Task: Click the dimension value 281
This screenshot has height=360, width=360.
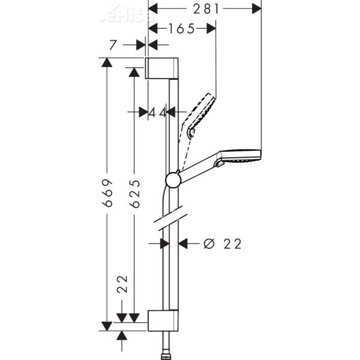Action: (205, 8)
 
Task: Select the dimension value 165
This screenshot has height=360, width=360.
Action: (181, 29)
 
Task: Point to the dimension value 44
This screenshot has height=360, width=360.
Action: (157, 112)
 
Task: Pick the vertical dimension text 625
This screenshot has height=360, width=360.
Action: (135, 193)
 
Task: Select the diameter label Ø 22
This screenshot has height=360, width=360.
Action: (223, 244)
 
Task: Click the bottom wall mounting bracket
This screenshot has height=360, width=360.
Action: (162, 321)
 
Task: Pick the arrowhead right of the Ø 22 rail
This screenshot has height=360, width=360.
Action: (184, 244)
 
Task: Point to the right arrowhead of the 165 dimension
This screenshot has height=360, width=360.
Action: (210, 29)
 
